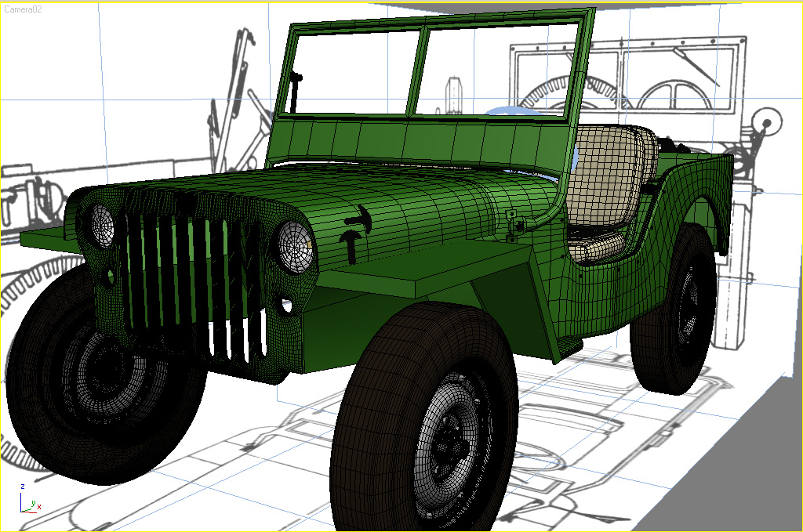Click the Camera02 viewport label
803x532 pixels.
click(23, 9)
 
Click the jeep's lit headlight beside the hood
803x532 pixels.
click(295, 248)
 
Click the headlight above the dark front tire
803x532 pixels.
click(102, 226)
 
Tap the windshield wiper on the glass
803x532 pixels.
click(295, 92)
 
